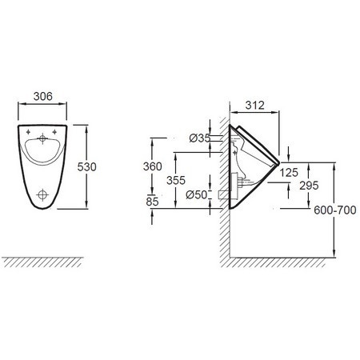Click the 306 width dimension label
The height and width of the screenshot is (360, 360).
pyautogui.click(x=43, y=96)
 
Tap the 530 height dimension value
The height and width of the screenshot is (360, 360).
pyautogui.click(x=86, y=167)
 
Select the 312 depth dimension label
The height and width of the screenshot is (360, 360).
pyautogui.click(x=255, y=105)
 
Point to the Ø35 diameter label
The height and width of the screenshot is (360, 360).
pyautogui.click(x=200, y=138)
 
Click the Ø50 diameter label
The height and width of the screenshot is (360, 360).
pyautogui.click(x=197, y=194)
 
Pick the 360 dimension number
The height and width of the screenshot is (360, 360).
pyautogui.click(x=153, y=166)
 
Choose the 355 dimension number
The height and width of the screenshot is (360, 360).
pyautogui.click(x=176, y=181)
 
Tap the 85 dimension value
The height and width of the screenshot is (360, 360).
pyautogui.click(x=152, y=202)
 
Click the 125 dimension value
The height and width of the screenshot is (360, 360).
pyautogui.click(x=289, y=173)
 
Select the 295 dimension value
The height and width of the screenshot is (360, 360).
pyautogui.click(x=309, y=186)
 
